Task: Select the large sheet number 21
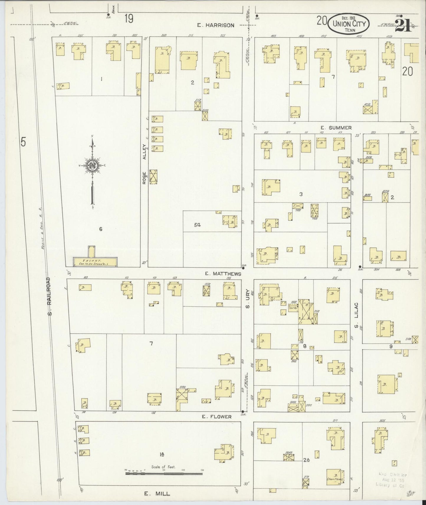click(403, 24)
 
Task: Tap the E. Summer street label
click(336, 128)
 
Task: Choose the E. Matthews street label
click(223, 274)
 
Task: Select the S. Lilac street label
click(356, 315)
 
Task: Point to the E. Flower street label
click(217, 417)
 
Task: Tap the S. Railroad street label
click(50, 296)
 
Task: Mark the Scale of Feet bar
click(164, 474)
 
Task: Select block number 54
click(197, 225)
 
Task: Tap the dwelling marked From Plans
click(335, 481)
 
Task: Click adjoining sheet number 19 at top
click(129, 19)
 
